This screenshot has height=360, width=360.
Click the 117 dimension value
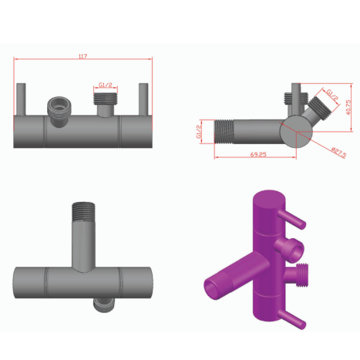coord(82,56)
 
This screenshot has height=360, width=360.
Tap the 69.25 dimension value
coord(258,154)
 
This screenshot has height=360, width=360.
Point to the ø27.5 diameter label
coord(339,152)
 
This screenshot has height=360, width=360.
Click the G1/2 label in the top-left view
coord(106,85)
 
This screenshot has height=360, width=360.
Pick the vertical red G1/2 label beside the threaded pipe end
coord(199,132)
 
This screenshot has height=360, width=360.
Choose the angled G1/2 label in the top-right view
coord(332,94)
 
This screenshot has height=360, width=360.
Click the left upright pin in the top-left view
coord(21,99)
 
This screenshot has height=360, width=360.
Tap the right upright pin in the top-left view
coord(143,99)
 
